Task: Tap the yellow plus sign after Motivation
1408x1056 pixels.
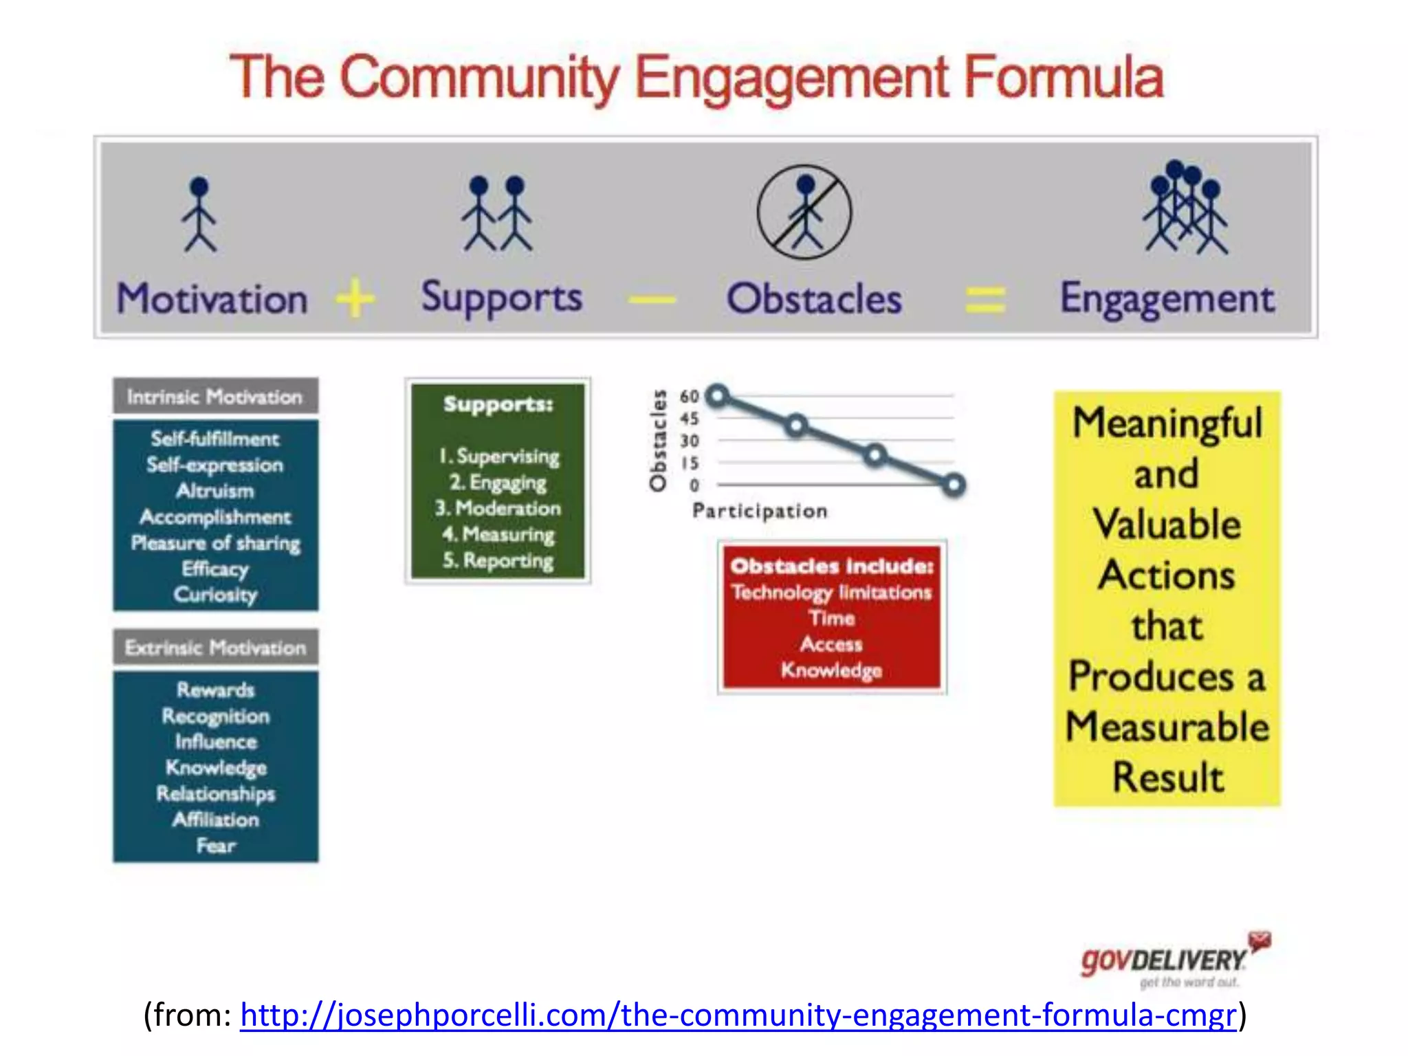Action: pos(355,298)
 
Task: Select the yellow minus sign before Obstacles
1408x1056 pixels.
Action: pos(652,299)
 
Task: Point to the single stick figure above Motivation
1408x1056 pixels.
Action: pos(199,214)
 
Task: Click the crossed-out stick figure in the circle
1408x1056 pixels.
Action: pos(804,212)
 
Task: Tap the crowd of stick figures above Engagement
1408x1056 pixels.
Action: pos(1185,208)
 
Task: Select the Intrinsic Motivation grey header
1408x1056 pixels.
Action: pos(215,396)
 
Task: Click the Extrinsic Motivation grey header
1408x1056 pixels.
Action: pos(215,647)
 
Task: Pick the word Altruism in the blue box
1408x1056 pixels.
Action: pos(215,491)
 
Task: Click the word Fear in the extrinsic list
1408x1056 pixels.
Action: pos(215,845)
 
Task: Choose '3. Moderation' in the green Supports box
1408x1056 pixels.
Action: pos(498,508)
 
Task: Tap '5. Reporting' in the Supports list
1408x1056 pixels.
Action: pos(498,560)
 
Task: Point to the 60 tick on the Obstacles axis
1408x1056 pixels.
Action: pos(689,396)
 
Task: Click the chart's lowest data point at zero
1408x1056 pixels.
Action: pos(954,485)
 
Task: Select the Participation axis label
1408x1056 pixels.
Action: pos(760,511)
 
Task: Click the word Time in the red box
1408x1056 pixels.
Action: pos(832,618)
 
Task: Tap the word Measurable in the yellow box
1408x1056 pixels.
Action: pos(1167,727)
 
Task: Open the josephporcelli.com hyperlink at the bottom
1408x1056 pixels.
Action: pos(738,1015)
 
